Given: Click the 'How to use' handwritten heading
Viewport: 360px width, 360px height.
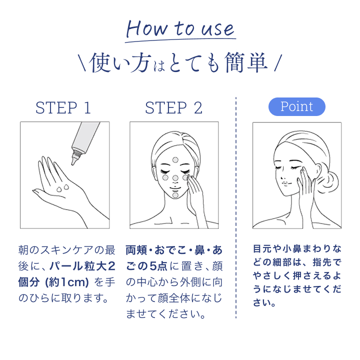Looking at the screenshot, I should coord(180,28).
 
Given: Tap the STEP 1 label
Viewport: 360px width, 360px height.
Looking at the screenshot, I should coord(63,107).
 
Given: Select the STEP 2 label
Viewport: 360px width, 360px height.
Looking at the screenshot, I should coord(173,107).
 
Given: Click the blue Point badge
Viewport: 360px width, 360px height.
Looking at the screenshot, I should coord(297,106).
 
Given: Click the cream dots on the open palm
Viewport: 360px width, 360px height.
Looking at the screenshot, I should coord(63,188).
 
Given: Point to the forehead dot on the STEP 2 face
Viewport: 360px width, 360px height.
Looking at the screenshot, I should coord(175,159).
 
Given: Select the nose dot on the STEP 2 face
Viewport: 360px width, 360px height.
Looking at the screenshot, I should coord(175,178).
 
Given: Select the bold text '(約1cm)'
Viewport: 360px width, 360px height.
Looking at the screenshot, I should coord(66,282).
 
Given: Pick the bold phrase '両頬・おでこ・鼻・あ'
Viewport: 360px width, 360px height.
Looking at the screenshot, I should coord(173,248).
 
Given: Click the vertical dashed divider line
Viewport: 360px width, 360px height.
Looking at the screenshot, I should coord(235,210).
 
